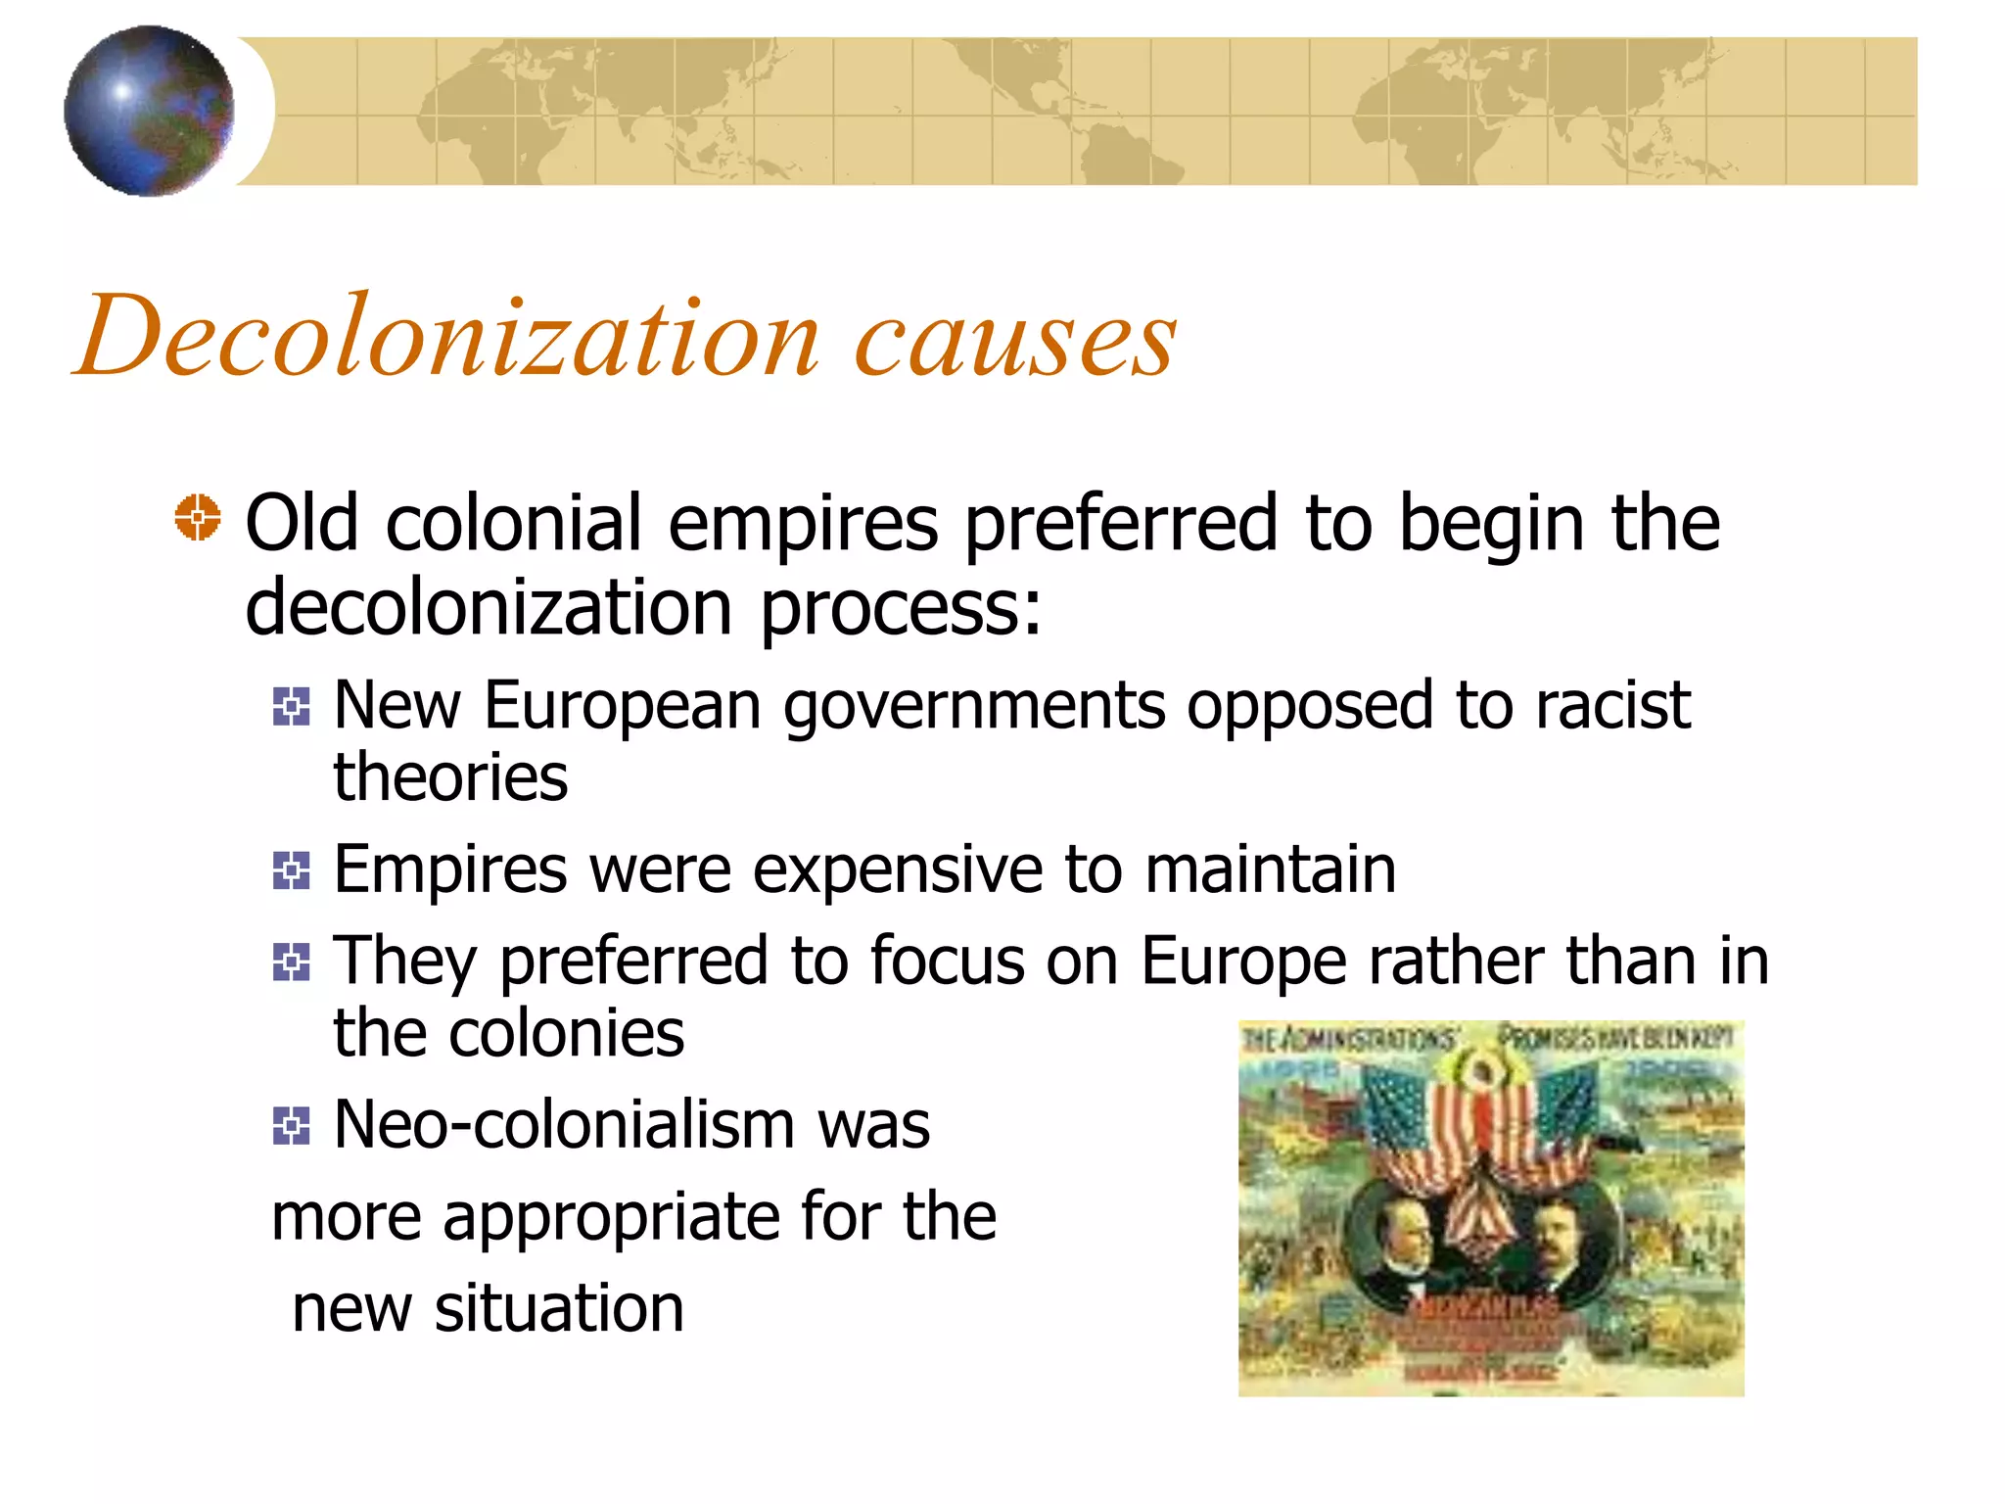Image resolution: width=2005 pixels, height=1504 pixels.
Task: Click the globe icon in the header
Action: tap(149, 111)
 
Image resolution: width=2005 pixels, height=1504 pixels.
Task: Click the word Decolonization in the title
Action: tap(446, 338)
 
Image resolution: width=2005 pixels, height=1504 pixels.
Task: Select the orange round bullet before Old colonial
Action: tap(198, 517)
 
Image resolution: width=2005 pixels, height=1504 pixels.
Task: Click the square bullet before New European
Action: tap(292, 706)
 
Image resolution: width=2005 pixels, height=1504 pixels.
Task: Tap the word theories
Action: tap(450, 777)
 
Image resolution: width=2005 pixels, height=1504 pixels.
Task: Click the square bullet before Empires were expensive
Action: tap(292, 869)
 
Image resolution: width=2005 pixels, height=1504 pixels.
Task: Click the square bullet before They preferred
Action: tap(292, 962)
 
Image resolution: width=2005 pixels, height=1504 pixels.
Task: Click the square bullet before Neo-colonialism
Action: tap(292, 1125)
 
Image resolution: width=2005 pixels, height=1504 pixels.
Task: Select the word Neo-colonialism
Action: tap(565, 1125)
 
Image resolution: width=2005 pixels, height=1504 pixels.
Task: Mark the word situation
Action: tap(559, 1309)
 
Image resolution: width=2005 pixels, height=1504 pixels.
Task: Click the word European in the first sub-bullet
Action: tap(622, 706)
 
